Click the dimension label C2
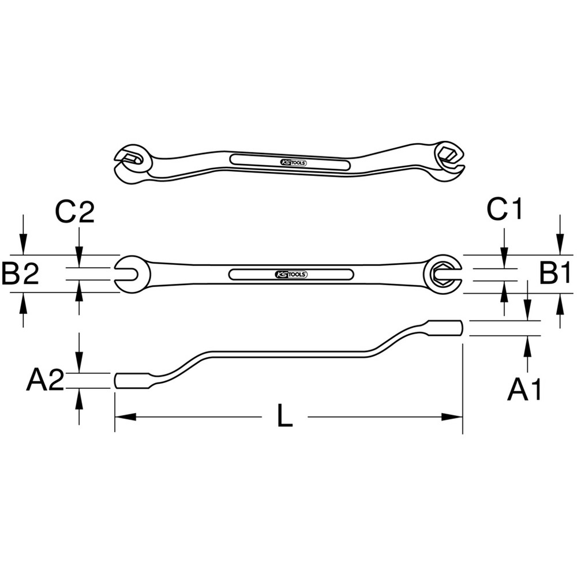point(74,212)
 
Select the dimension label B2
point(20,273)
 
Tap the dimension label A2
point(45,380)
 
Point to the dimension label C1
point(504,209)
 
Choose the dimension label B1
point(555,273)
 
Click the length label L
point(284,416)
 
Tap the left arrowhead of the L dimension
point(125,417)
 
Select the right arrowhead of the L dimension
point(452,417)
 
